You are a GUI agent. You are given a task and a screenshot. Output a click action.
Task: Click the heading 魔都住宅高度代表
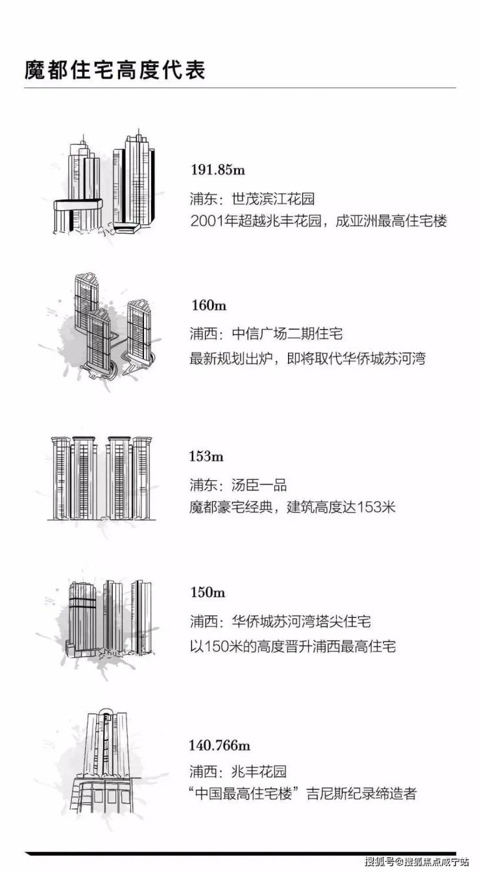coord(115,71)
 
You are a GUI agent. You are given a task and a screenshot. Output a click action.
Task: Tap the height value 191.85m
coord(218,170)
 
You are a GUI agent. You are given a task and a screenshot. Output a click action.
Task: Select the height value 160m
coord(209,305)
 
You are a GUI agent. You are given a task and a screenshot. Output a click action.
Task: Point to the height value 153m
coord(206,456)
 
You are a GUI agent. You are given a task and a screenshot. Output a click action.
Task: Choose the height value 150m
coord(208,592)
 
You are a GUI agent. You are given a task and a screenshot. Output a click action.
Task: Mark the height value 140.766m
coord(219,745)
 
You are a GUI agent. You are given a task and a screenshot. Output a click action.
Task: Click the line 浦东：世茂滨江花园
coord(252,199)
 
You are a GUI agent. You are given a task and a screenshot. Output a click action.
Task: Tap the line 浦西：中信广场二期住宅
coord(266,334)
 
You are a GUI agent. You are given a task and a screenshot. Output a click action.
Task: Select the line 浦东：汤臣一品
coord(238,485)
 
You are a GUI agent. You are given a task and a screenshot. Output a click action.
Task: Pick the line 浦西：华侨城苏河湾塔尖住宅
coord(280,621)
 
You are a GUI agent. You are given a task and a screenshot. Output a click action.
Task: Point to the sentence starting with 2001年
coord(318,221)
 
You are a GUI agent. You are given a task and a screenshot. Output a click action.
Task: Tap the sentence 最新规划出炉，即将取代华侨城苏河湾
coord(307,358)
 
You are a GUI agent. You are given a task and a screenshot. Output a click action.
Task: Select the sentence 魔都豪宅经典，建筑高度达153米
coord(292,507)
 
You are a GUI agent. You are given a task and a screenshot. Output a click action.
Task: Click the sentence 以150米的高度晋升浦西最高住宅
coord(293,646)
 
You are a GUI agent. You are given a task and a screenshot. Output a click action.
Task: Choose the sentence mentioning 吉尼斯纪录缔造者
coord(302,794)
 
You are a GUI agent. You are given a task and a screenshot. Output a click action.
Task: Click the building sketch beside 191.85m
coord(104,183)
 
